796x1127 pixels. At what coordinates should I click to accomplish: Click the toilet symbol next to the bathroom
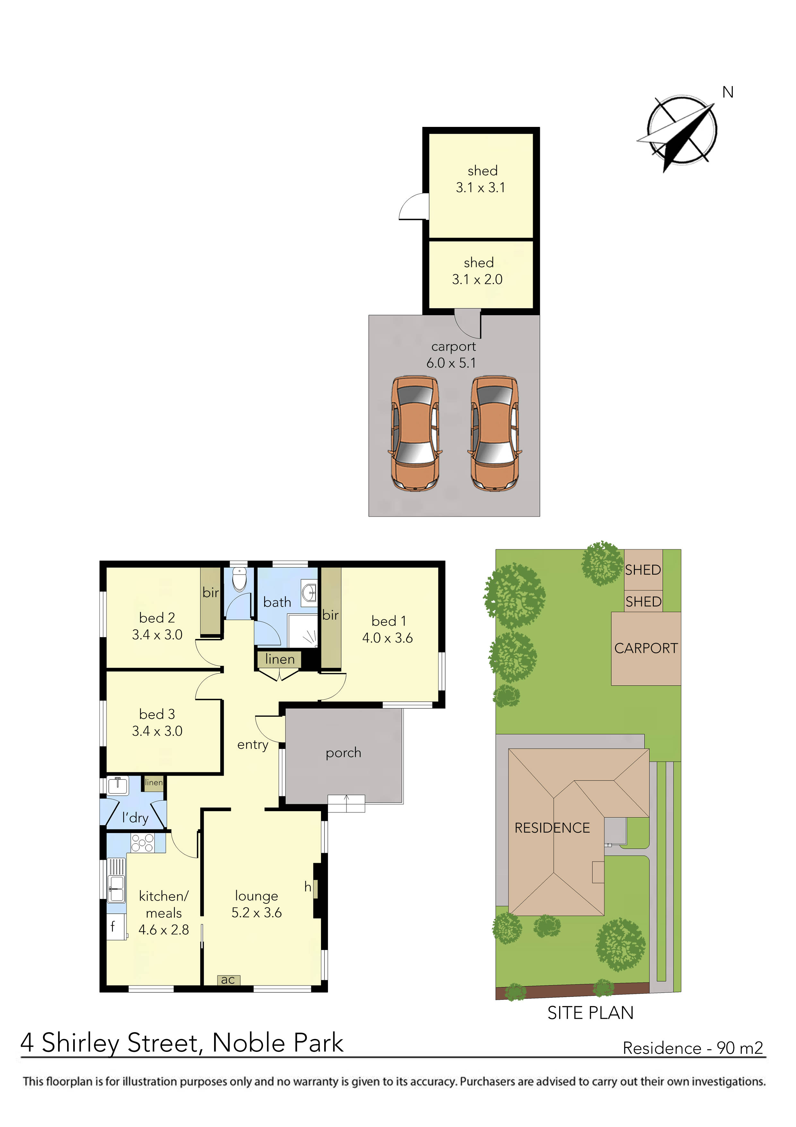coord(239,579)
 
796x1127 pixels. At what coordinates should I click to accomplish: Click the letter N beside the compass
coord(728,92)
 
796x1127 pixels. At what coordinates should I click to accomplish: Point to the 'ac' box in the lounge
coord(228,980)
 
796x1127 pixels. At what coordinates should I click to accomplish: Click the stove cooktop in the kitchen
coord(142,843)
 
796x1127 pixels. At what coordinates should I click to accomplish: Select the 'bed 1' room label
coord(388,621)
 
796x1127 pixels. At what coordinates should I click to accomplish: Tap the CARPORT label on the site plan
coord(646,648)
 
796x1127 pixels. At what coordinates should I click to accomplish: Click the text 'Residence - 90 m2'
coord(693,1048)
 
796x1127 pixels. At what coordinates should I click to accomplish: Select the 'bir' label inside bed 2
coord(211,592)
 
